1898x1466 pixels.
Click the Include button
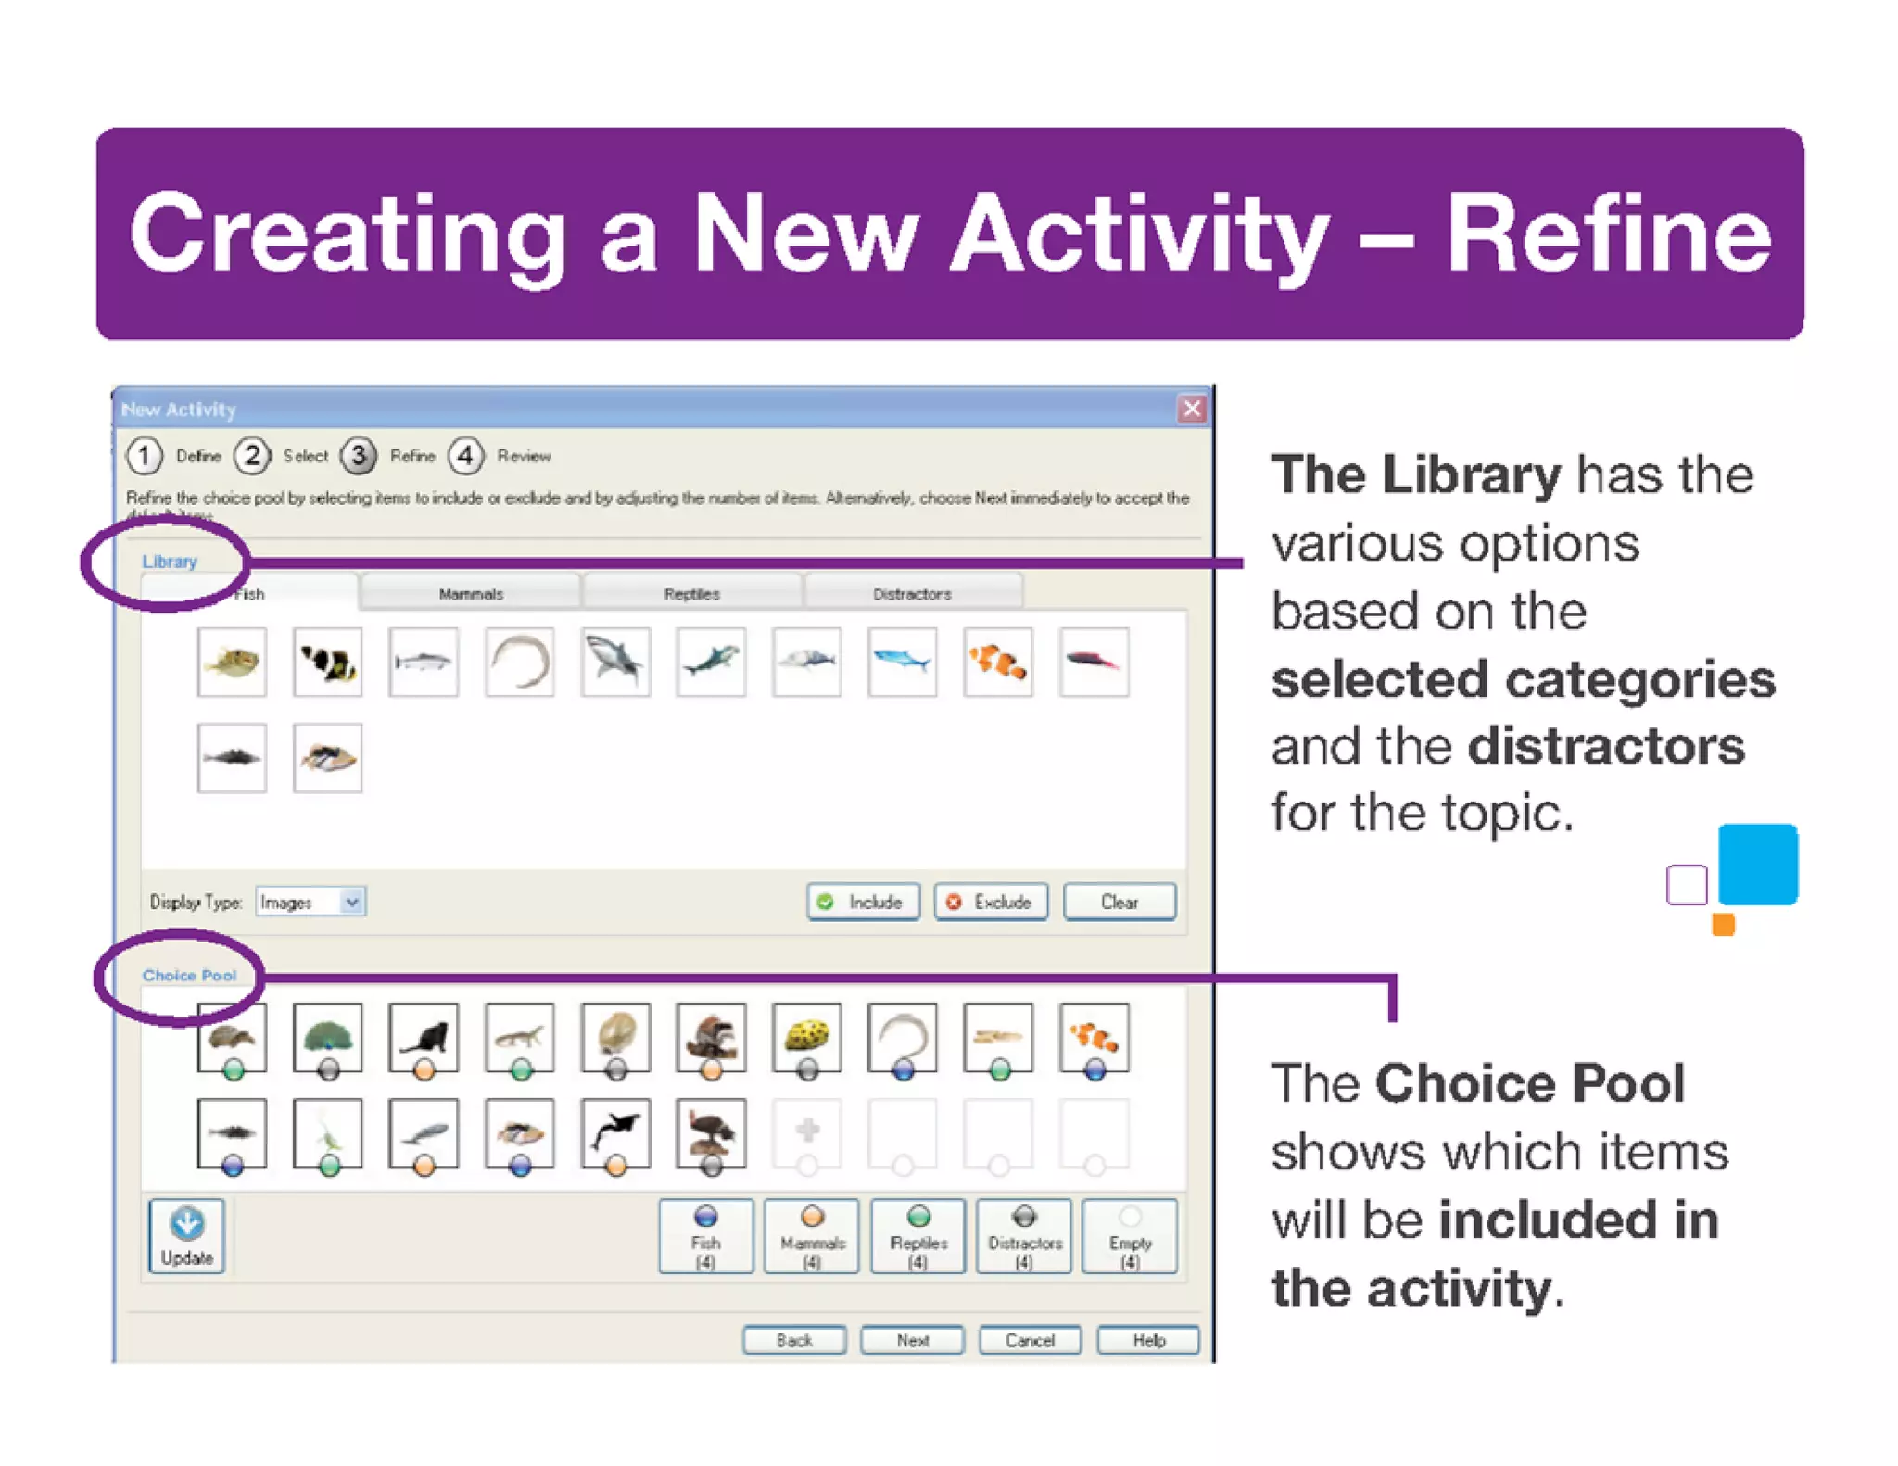863,902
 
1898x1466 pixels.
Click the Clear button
1119,902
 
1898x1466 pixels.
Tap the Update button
186,1236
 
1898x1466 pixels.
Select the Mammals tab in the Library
471,594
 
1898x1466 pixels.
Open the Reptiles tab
691,594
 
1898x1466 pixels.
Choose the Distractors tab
912,594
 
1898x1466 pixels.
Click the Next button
912,1340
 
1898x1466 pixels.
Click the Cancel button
1030,1340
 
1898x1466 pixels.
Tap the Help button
1148,1340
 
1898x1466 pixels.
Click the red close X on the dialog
1192,409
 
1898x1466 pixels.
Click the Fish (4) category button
705,1236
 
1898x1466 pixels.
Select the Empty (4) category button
1129,1236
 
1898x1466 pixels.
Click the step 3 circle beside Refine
359,455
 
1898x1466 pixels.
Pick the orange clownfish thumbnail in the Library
998,662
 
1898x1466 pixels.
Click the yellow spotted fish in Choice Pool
806,1035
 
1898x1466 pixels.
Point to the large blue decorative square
1757,864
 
